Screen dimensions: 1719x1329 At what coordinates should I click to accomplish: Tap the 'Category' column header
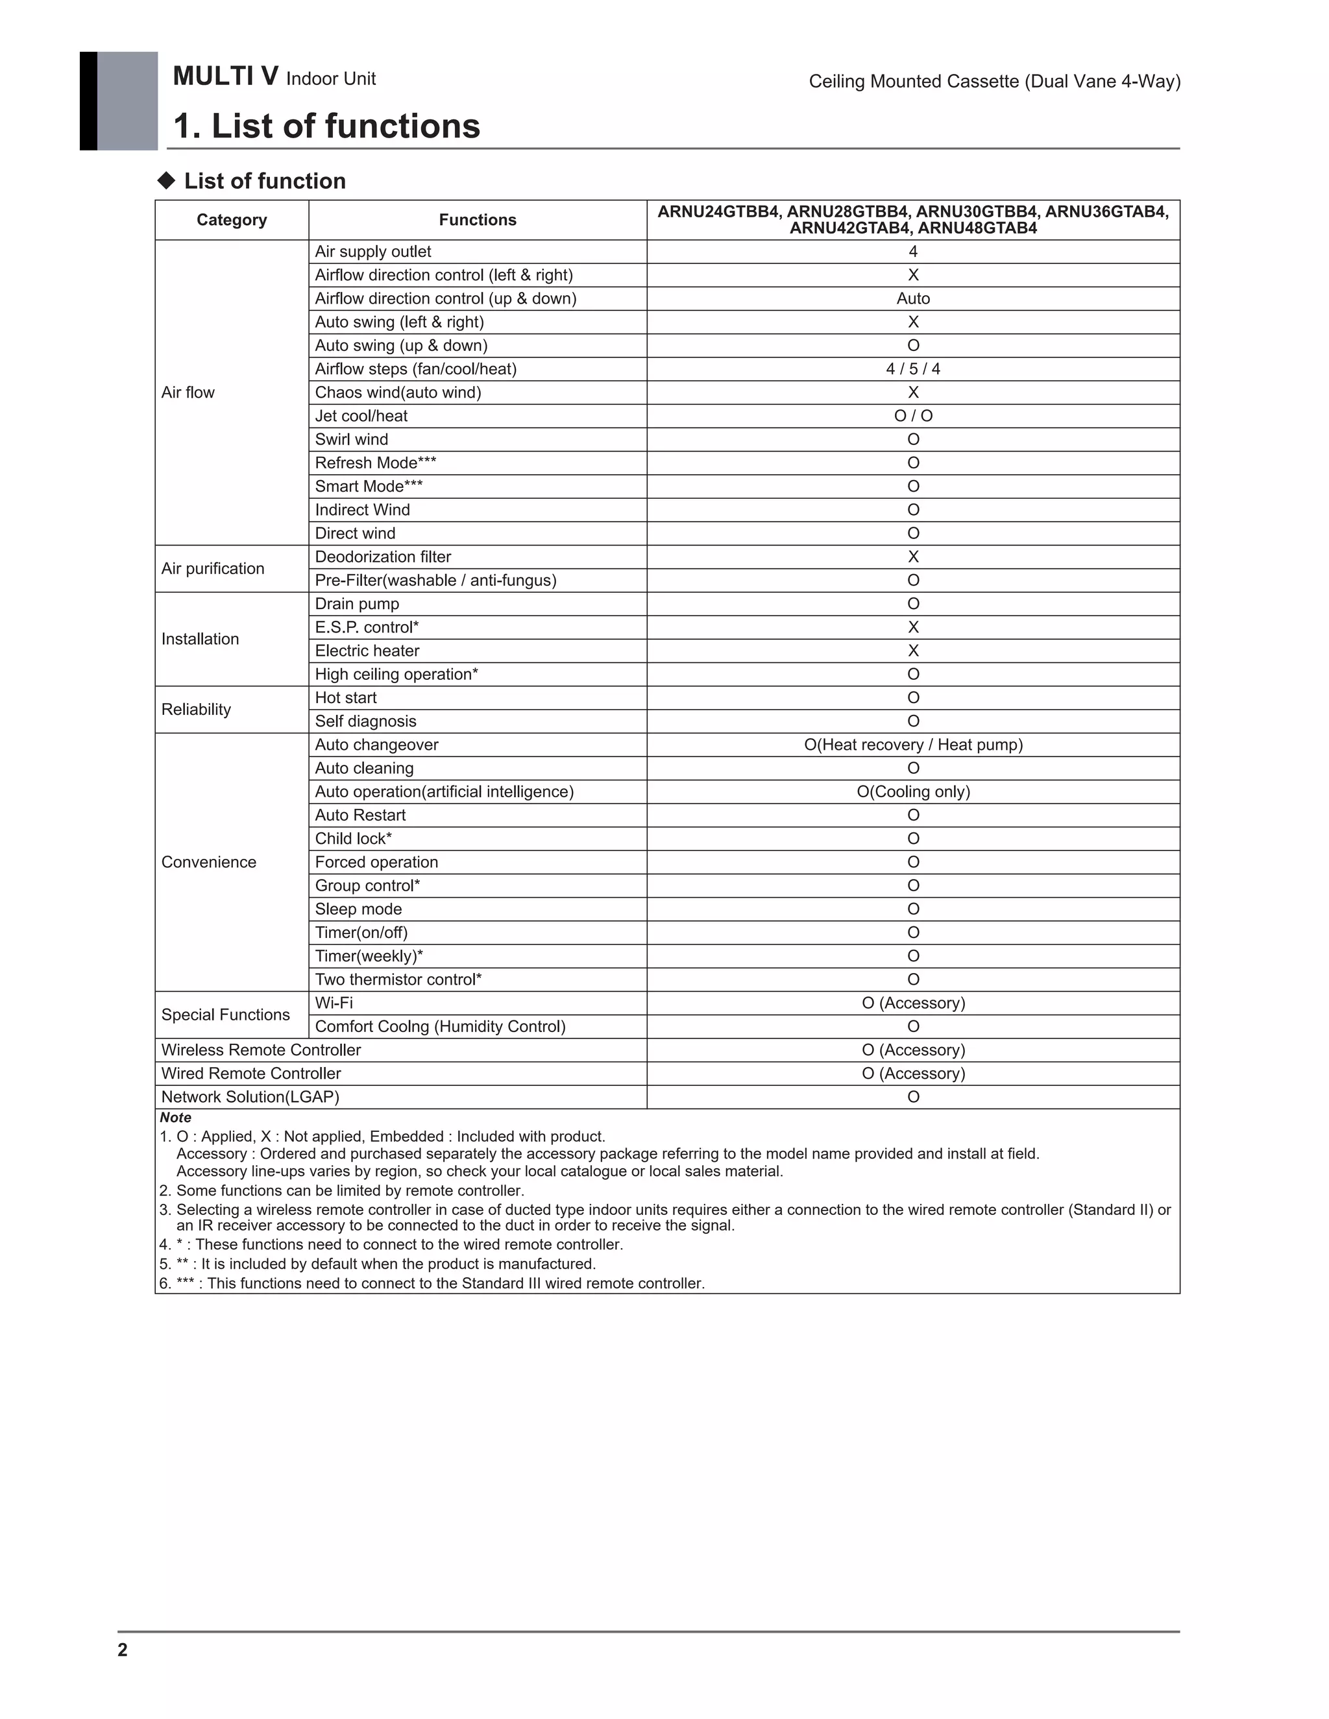[x=232, y=220]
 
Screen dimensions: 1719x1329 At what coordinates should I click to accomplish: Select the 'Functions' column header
[x=477, y=220]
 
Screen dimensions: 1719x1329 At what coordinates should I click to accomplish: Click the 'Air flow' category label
[x=188, y=392]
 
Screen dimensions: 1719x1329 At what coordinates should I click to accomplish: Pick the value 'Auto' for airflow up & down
[x=912, y=298]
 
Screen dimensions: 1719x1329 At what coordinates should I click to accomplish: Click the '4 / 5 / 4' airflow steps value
[x=912, y=368]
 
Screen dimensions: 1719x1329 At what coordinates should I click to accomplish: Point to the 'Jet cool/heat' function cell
[x=361, y=416]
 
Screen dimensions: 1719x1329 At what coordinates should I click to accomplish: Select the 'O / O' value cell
[x=912, y=416]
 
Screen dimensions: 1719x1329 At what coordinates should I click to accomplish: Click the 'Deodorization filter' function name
[x=383, y=557]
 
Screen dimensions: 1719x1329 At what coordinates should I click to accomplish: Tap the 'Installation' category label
[x=200, y=639]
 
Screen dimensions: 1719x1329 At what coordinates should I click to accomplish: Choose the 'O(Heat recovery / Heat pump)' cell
[x=912, y=745]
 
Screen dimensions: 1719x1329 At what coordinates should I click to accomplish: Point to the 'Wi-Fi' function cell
[x=334, y=1003]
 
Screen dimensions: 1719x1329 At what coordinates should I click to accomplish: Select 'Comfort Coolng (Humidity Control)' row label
[x=440, y=1026]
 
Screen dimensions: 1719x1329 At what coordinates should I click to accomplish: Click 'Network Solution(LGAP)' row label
[x=250, y=1096]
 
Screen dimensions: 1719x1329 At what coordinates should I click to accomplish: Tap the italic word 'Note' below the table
[x=176, y=1118]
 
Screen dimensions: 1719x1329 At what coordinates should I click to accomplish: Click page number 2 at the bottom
[x=122, y=1650]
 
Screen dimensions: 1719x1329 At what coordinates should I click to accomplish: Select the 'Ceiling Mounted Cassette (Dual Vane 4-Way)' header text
[x=994, y=81]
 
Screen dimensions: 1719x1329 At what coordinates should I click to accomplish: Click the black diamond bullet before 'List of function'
[x=166, y=180]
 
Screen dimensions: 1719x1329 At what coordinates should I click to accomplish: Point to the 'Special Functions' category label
[x=225, y=1015]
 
